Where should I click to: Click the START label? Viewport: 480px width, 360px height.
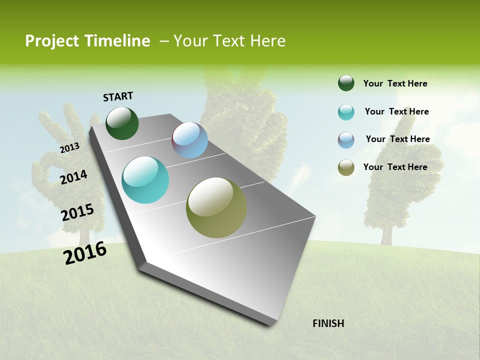[118, 96]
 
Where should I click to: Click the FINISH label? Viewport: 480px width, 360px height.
[328, 323]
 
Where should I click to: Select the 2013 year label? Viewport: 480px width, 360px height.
[70, 148]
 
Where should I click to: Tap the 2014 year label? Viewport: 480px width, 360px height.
[74, 177]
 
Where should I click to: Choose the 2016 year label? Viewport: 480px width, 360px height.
[85, 252]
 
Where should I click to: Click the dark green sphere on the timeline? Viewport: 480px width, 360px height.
[122, 123]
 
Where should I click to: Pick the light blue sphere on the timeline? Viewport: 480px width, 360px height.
[189, 140]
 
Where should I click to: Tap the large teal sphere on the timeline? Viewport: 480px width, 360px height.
[145, 180]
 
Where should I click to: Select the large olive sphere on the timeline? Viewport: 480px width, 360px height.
[216, 207]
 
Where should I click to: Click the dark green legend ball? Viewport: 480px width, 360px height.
[346, 83]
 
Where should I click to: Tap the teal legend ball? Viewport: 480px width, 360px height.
[346, 112]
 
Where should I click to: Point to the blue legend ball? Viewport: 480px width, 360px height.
[346, 140]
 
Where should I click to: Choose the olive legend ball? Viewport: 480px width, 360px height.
[346, 167]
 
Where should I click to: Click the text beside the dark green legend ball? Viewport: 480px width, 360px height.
[395, 83]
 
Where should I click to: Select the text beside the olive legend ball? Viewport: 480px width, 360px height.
[395, 167]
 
